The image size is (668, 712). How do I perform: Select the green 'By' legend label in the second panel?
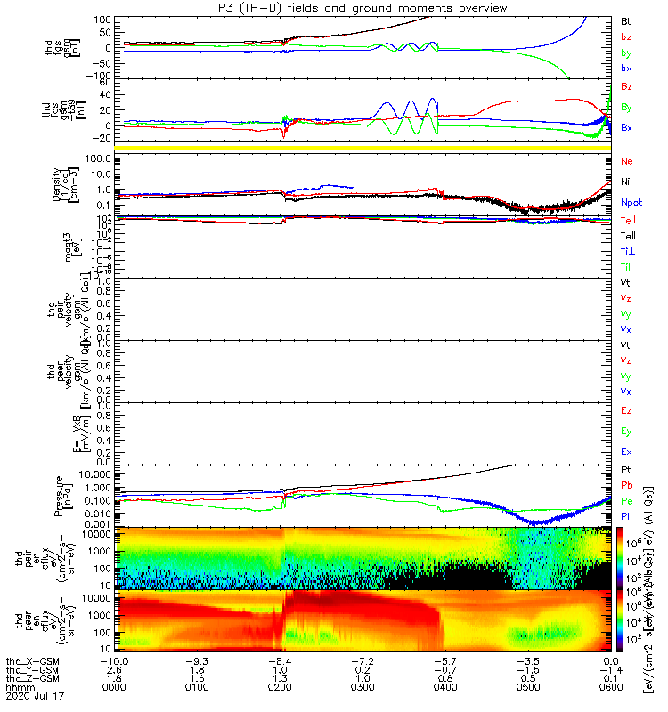pos(627,108)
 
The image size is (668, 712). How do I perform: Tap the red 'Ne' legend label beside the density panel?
pos(627,161)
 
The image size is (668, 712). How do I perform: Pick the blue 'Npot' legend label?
pos(631,202)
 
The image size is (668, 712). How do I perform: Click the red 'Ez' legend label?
pos(626,411)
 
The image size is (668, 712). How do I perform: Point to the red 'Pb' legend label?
pos(627,485)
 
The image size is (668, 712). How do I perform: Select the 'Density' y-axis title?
pos(57,183)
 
